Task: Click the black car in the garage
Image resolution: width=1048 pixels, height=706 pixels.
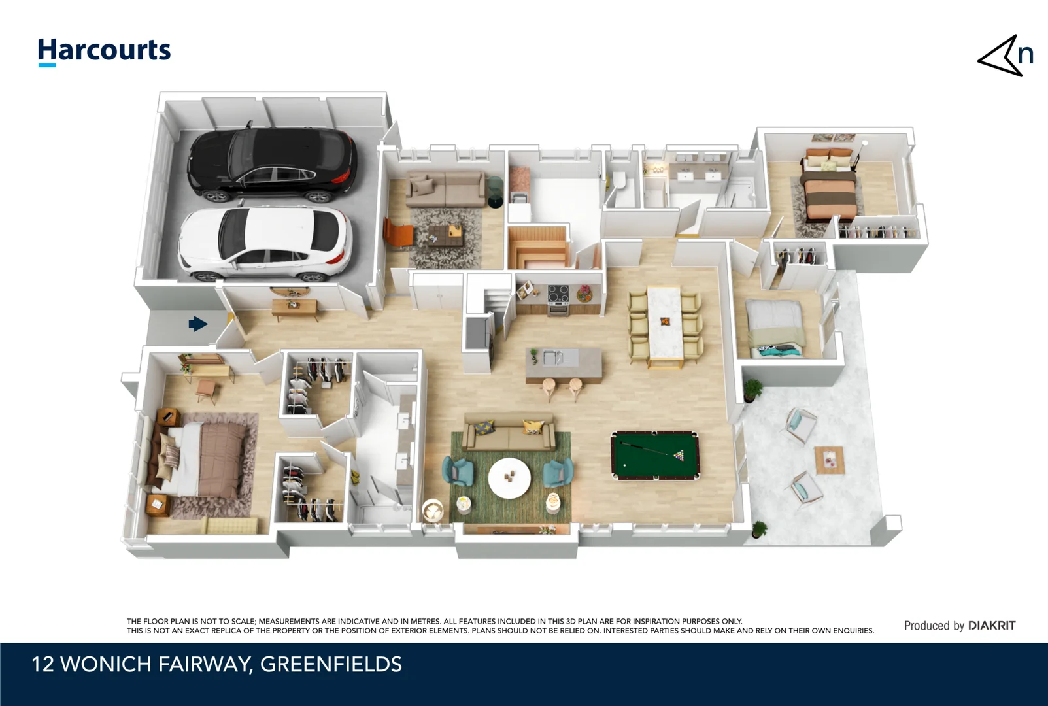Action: [x=273, y=163]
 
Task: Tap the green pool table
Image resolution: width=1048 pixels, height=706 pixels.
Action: [x=654, y=454]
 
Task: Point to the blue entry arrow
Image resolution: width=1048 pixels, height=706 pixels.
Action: [x=197, y=324]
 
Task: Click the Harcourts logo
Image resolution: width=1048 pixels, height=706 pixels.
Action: [x=104, y=52]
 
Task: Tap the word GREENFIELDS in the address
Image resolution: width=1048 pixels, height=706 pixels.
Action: [x=331, y=664]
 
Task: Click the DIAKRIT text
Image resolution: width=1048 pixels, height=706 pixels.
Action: [x=991, y=626]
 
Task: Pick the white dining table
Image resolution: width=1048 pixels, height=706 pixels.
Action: [x=665, y=322]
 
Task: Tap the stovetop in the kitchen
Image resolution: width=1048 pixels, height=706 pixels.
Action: [x=558, y=295]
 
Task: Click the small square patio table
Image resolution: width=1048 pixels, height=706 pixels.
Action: [x=829, y=460]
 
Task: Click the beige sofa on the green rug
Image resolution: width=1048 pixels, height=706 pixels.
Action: [x=509, y=433]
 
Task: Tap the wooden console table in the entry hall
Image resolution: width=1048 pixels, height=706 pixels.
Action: [x=295, y=307]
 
